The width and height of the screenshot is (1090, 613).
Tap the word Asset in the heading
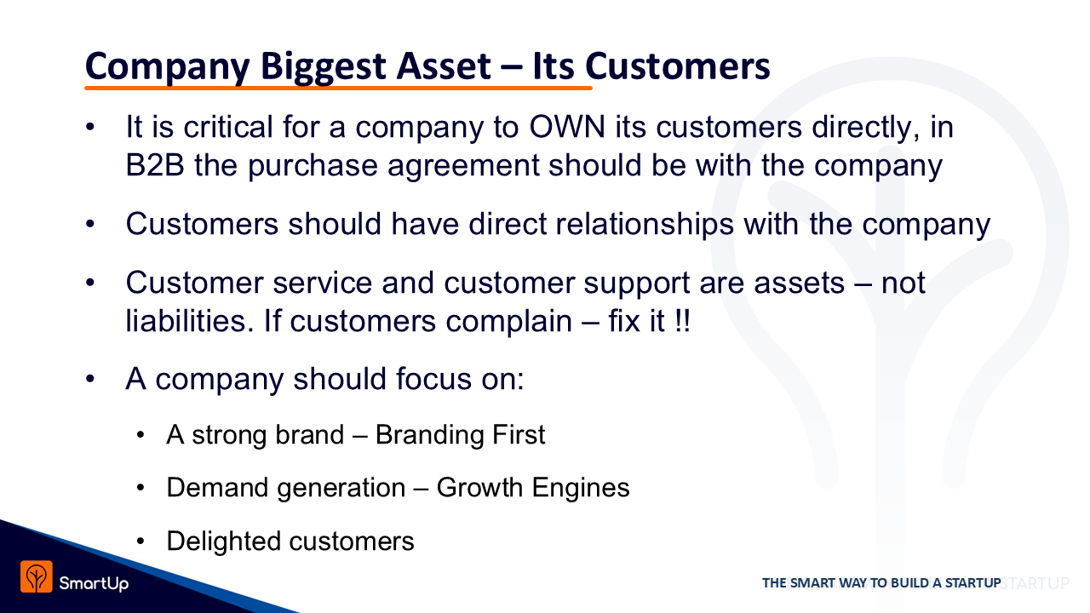point(444,66)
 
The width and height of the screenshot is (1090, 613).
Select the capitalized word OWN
point(567,127)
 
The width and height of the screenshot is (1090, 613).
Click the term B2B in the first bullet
point(155,165)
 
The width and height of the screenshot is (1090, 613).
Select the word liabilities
point(190,321)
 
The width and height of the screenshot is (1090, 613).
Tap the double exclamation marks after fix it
point(683,321)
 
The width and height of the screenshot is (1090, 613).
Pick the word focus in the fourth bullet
point(433,379)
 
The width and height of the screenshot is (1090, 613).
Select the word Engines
point(581,489)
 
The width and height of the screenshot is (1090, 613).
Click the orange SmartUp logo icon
point(36,576)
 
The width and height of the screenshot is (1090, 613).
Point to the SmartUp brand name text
point(94,583)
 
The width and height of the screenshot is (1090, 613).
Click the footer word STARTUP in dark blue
point(972,583)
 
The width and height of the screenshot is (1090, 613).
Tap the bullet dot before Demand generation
point(141,488)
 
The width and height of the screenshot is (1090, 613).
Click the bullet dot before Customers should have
point(90,224)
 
